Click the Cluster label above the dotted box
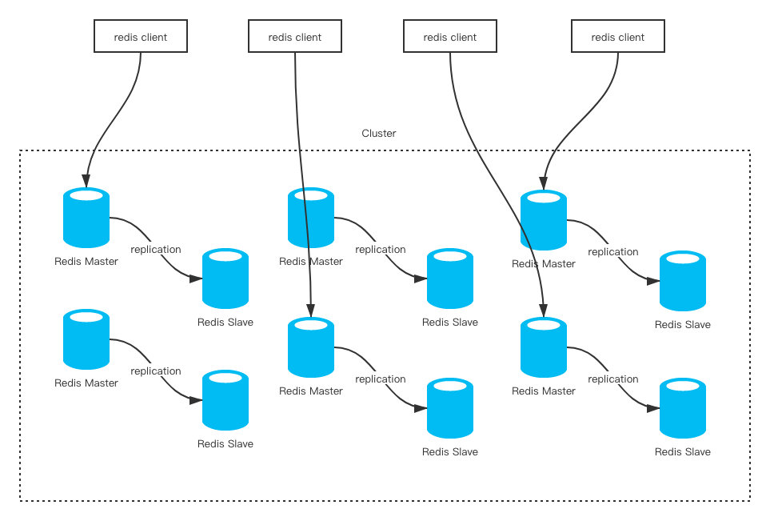point(379,133)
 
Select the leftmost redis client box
point(141,36)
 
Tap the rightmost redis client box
point(618,36)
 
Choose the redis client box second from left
point(294,36)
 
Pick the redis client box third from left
point(450,36)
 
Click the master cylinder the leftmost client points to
point(86,217)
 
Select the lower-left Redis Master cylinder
point(86,339)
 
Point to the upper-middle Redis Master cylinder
point(311,217)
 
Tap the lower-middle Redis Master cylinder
point(311,347)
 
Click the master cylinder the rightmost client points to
point(544,220)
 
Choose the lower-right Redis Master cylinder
point(544,347)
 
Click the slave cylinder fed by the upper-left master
point(225,279)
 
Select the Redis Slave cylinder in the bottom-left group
point(225,400)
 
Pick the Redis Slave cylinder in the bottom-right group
point(683,408)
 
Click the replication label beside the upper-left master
point(156,249)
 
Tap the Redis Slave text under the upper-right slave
point(683,324)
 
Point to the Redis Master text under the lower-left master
point(86,383)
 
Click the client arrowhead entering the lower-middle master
point(311,311)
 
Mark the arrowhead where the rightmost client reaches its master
point(544,183)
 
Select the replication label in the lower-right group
point(613,379)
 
